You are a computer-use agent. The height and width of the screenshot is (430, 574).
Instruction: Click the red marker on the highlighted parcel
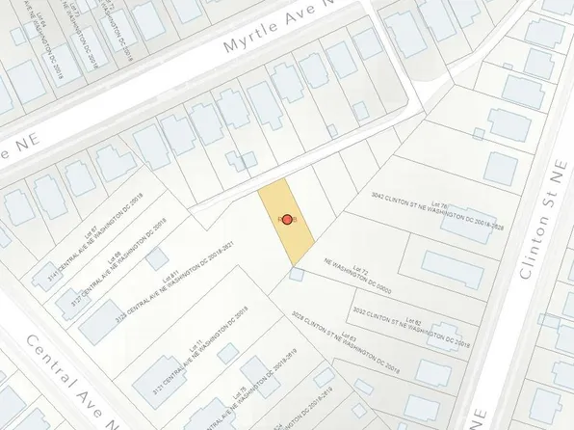click(x=286, y=221)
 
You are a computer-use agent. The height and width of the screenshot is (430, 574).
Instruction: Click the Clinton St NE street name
click(x=540, y=232)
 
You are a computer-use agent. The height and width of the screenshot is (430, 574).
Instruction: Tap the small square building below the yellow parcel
click(x=296, y=275)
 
